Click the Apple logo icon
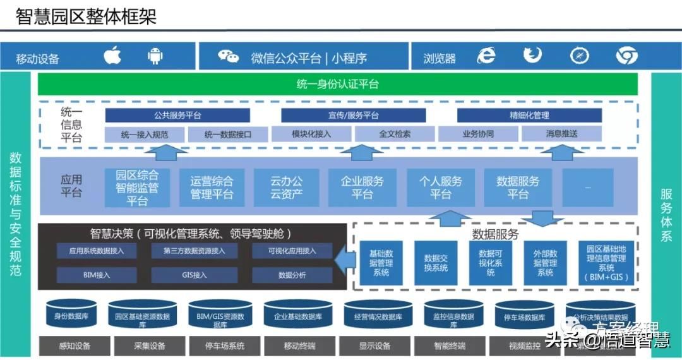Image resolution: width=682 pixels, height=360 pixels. [x=112, y=56]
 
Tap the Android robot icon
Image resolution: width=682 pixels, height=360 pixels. [x=155, y=56]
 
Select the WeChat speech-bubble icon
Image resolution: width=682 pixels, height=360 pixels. [x=229, y=57]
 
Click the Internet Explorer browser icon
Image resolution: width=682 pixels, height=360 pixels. [x=486, y=56]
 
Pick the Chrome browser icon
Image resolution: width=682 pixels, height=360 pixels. [x=626, y=56]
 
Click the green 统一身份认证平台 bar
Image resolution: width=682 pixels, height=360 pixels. [x=338, y=84]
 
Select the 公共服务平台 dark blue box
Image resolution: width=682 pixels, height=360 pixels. [x=177, y=116]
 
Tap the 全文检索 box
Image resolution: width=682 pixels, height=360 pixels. [x=395, y=134]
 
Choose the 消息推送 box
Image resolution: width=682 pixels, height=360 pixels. [x=561, y=134]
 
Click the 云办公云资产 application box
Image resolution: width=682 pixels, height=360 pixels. [x=286, y=188]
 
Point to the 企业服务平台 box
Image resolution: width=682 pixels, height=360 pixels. [x=362, y=188]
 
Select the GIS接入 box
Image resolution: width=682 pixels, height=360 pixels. [x=194, y=275]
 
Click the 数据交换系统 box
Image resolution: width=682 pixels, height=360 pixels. [x=436, y=263]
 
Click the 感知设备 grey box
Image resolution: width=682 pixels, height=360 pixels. [x=75, y=346]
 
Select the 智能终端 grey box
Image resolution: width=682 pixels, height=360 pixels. [x=449, y=346]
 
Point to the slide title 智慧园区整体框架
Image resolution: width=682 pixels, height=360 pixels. [x=87, y=16]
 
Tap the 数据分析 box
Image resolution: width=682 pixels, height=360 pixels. [x=292, y=275]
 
